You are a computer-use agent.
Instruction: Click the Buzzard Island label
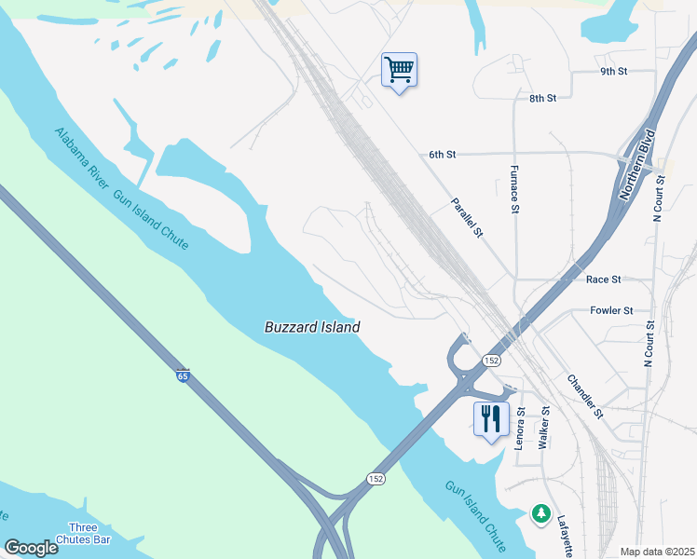(x=312, y=327)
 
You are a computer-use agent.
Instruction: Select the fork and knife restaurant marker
(x=491, y=418)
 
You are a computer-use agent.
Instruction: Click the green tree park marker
(x=540, y=513)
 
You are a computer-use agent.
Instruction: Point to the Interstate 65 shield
(x=183, y=376)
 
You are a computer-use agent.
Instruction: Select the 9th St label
(x=614, y=72)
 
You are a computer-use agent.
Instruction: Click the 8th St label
(x=542, y=98)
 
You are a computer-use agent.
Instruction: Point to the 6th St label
(x=442, y=154)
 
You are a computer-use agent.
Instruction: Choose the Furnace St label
(x=514, y=190)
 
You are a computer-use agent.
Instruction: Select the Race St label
(x=604, y=279)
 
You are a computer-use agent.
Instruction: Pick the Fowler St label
(x=611, y=310)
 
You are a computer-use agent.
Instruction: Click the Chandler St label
(x=586, y=396)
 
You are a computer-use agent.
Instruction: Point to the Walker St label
(x=545, y=426)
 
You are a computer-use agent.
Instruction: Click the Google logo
(x=31, y=548)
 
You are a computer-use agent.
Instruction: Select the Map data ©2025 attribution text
(x=657, y=552)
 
